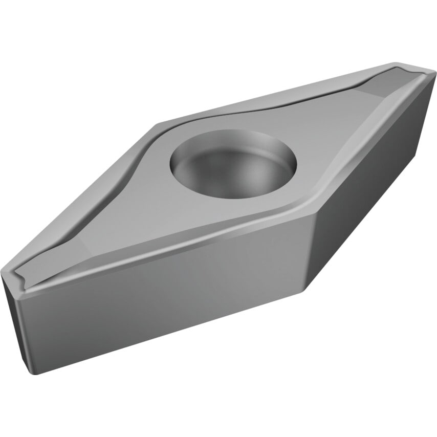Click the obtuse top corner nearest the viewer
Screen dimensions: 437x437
click(x=311, y=217)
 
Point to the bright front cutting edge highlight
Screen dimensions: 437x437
click(x=169, y=256)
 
